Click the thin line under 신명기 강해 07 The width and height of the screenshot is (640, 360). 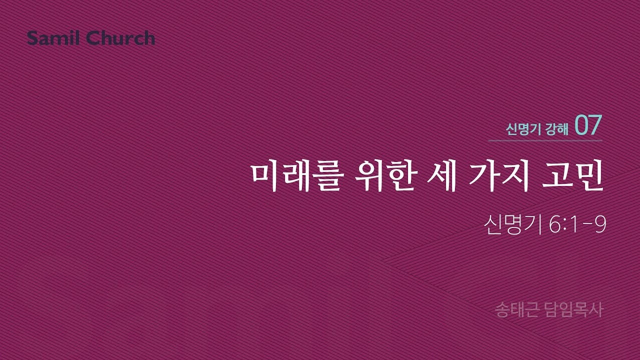tap(545, 141)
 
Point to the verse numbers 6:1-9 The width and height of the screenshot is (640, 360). tap(577, 225)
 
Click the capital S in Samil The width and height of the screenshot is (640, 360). tap(32, 38)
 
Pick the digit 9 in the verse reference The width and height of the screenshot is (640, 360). tap(601, 225)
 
